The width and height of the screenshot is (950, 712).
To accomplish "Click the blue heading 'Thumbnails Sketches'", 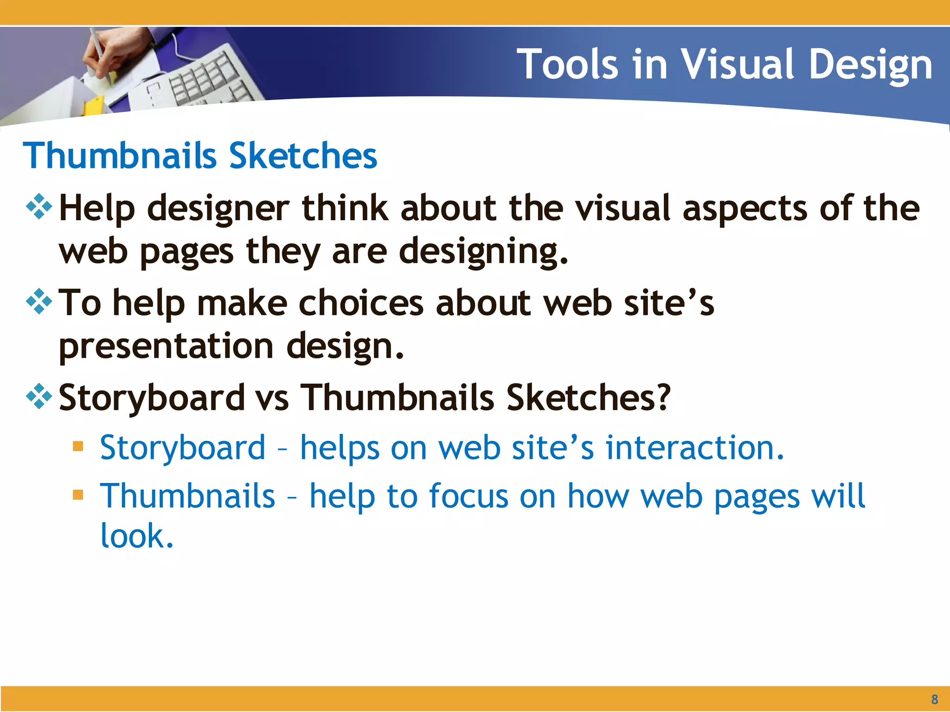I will [x=200, y=156].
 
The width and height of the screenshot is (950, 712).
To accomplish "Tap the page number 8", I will [x=934, y=699].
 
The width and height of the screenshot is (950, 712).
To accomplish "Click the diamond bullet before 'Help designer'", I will [x=39, y=207].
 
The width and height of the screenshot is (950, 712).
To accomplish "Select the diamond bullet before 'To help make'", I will [x=39, y=302].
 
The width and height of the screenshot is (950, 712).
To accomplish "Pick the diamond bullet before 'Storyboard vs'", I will [x=39, y=396].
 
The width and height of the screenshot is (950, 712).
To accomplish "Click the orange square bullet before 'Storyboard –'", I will [x=78, y=446].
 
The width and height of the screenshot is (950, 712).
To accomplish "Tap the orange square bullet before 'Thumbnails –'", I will [x=78, y=495].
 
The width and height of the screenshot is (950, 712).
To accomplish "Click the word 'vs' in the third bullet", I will [x=272, y=399].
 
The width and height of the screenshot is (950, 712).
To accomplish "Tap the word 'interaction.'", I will [x=694, y=448].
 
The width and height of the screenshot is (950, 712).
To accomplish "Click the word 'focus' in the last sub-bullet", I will [x=469, y=496].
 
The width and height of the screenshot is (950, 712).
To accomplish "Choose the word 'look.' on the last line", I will [x=137, y=537].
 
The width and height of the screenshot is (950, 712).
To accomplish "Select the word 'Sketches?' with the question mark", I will [x=588, y=399].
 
